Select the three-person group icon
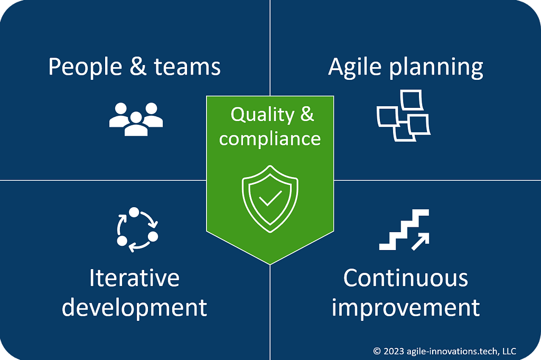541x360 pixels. pos(136,118)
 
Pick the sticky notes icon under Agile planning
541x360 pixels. pos(403,116)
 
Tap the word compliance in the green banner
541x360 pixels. pos(270,139)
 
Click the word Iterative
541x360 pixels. pos(134,278)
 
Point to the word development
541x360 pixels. pos(134,307)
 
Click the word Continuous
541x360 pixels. pos(406,278)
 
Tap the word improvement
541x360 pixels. pos(406,307)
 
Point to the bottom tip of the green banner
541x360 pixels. pos(270,263)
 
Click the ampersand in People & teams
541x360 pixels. pos(136,68)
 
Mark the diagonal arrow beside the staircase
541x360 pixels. pos(421,241)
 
